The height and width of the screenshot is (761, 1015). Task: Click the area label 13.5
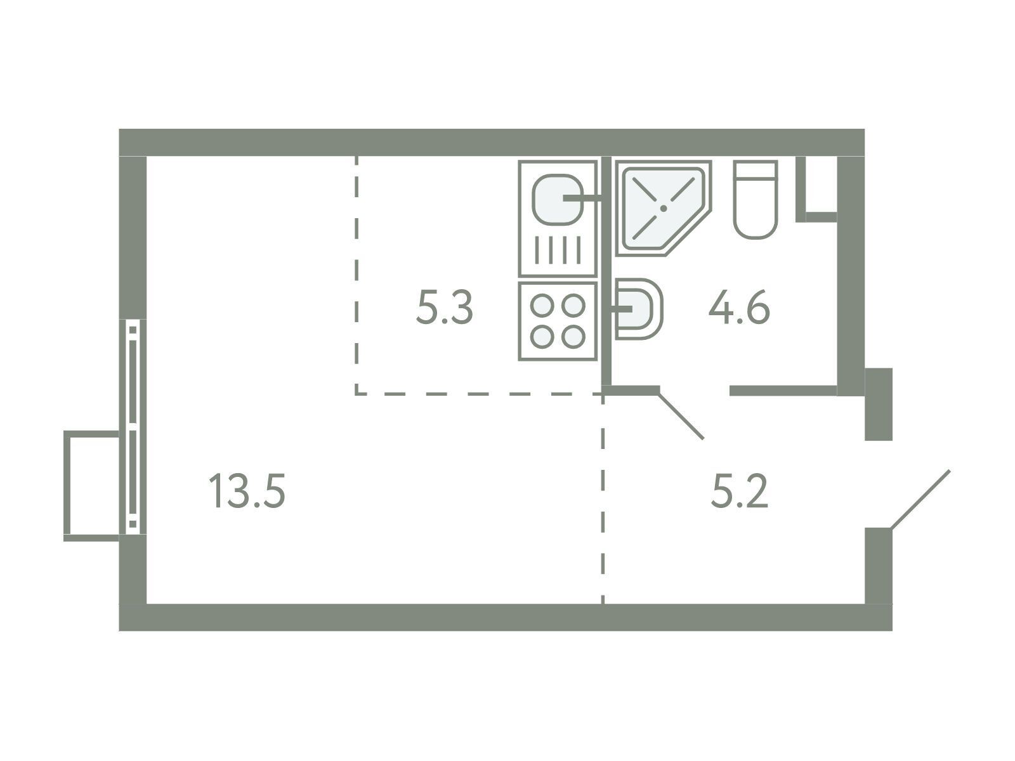point(247,492)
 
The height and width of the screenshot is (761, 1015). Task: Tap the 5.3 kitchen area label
point(445,308)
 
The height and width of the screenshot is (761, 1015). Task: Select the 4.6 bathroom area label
point(739,307)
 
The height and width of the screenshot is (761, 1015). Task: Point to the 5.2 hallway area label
point(740,491)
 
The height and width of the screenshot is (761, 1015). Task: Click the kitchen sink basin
point(557,200)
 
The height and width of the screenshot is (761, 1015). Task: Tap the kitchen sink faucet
point(582,199)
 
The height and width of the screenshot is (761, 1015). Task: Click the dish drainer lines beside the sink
point(558,249)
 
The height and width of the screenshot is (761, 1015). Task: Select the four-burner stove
point(558,321)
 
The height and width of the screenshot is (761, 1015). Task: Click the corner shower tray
point(664,208)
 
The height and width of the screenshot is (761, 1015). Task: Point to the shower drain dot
point(664,209)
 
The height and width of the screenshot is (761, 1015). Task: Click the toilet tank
point(756,169)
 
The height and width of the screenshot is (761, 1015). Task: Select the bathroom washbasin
point(638,309)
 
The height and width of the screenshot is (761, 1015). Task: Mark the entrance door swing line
point(920,500)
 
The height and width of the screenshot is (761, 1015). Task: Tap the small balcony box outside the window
point(91,486)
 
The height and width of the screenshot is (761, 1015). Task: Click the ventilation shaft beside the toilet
point(816,190)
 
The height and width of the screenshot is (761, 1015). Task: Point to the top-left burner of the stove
point(542,306)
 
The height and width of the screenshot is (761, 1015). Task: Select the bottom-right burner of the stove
point(573,337)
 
